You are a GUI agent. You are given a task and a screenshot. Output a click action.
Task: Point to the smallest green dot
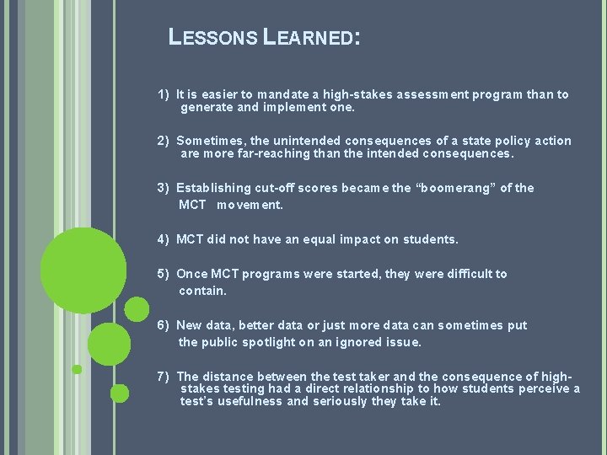click(x=77, y=369)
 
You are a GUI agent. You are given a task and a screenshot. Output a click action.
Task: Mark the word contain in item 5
click(x=202, y=291)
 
